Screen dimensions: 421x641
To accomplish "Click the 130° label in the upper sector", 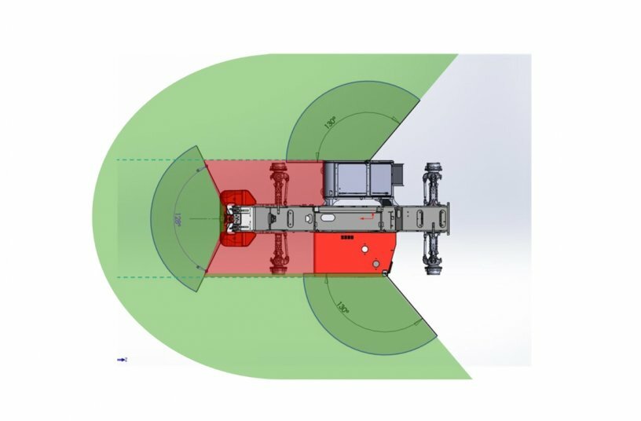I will pyautogui.click(x=331, y=123).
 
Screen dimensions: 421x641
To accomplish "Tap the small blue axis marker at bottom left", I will pyautogui.click(x=123, y=359).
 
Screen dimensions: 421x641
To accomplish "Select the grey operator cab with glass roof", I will pyautogui.click(x=357, y=181).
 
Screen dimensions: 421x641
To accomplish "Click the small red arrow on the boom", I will pyautogui.click(x=363, y=214).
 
